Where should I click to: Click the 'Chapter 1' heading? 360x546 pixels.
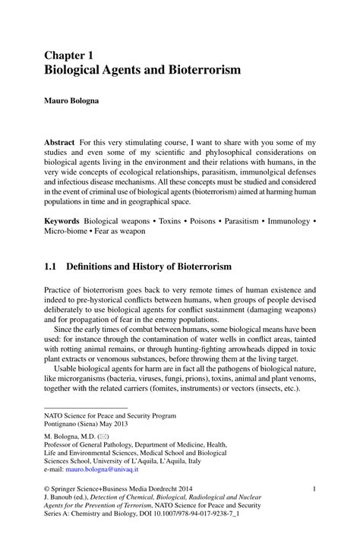pyautogui.click(x=69, y=56)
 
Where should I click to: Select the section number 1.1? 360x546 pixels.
pyautogui.click(x=51, y=267)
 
